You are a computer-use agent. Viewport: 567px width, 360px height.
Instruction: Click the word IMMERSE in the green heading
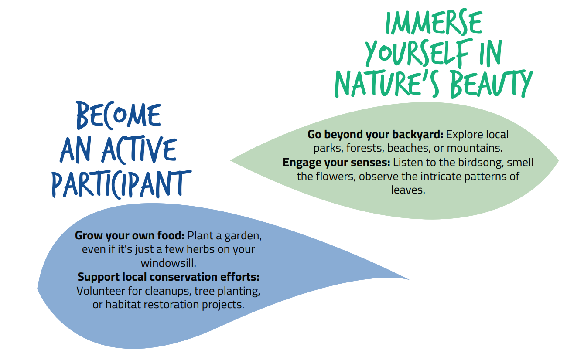(434, 22)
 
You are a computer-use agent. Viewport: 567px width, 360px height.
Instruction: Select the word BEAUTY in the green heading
(491, 84)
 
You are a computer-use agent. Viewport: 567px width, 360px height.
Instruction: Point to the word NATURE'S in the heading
(387, 84)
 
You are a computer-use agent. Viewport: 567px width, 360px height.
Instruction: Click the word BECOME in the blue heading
(119, 115)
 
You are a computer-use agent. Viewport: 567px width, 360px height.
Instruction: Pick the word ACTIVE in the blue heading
(139, 150)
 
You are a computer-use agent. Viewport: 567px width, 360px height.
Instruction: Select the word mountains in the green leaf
(475, 148)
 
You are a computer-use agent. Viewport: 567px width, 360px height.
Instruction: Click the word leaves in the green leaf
(408, 190)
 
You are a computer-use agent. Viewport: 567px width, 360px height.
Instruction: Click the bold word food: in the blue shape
(171, 235)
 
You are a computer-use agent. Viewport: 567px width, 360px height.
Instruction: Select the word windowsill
(169, 263)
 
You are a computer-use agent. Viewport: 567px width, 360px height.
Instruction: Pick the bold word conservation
(184, 277)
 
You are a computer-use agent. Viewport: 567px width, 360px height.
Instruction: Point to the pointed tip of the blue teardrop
(409, 279)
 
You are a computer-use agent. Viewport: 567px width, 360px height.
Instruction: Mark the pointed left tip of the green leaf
(231, 160)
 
